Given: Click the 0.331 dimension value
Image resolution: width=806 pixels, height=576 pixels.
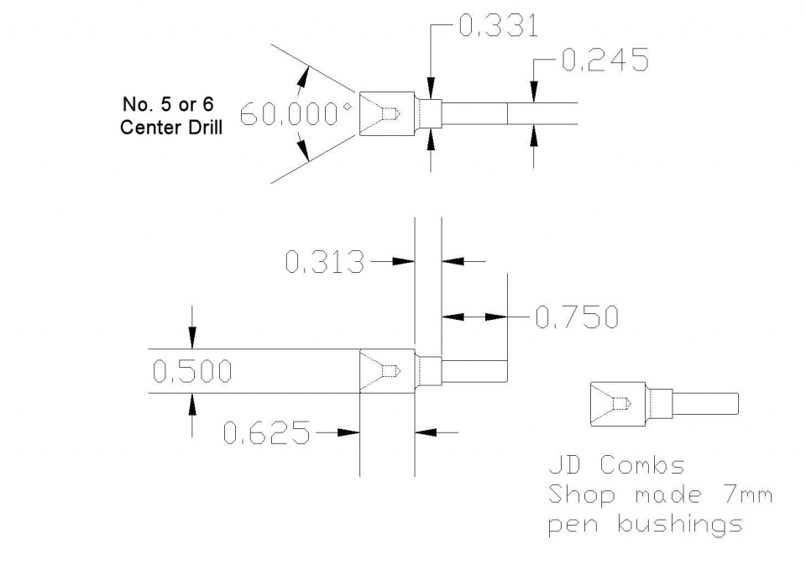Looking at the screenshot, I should (x=499, y=26).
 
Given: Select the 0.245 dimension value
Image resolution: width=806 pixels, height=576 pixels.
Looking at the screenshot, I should (x=604, y=60).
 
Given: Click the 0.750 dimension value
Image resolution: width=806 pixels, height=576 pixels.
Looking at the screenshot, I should (x=577, y=317).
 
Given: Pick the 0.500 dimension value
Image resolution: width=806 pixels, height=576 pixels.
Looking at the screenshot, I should (x=192, y=372).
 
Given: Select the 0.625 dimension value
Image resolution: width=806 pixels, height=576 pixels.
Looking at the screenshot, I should (x=266, y=434).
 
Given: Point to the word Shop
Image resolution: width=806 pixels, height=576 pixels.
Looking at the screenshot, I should (x=580, y=495).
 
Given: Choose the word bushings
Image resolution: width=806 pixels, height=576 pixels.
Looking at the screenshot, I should (x=680, y=525).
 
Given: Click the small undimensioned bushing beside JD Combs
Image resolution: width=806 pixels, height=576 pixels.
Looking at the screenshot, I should (x=663, y=403).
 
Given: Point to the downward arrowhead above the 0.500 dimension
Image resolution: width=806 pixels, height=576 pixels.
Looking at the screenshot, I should (x=192, y=338).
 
